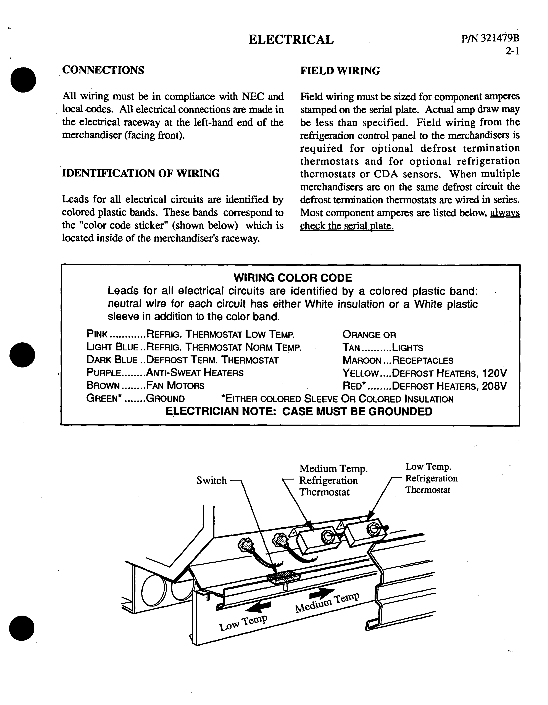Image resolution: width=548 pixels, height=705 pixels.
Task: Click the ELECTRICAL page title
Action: (x=291, y=40)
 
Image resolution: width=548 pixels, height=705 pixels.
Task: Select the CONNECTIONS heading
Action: (x=103, y=70)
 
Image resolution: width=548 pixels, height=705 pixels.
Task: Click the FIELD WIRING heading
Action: (x=340, y=71)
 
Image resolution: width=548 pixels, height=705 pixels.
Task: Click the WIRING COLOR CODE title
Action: (x=293, y=278)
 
